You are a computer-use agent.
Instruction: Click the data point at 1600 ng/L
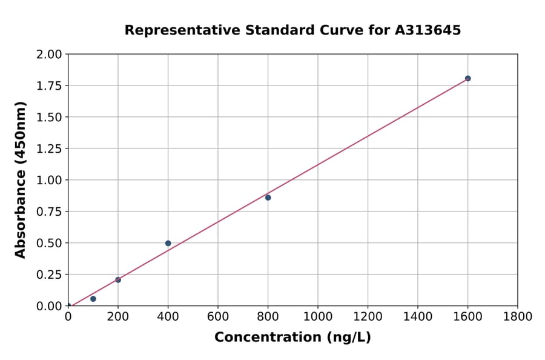point(467,78)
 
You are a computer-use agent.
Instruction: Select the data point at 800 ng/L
point(268,198)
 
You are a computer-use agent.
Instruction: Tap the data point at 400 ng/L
point(168,243)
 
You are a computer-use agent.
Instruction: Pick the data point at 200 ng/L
point(118,280)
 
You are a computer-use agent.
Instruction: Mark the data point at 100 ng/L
point(93,299)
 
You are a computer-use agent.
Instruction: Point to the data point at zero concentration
point(68,305)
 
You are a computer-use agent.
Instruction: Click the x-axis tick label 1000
point(318,316)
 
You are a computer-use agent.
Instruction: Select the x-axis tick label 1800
point(518,316)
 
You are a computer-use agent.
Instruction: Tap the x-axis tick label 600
point(218,316)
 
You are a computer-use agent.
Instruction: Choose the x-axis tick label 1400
point(418,316)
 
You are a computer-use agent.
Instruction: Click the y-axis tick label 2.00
point(49,55)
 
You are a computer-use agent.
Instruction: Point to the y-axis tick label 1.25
point(49,149)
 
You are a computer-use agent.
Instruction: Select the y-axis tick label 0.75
point(49,212)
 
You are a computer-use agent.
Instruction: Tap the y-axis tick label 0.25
point(49,275)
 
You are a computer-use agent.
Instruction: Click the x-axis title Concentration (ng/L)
point(292,338)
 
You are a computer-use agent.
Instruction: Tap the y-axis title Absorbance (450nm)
point(21,180)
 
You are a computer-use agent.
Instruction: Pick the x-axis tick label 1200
point(368,316)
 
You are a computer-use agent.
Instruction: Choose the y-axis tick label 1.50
point(49,118)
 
